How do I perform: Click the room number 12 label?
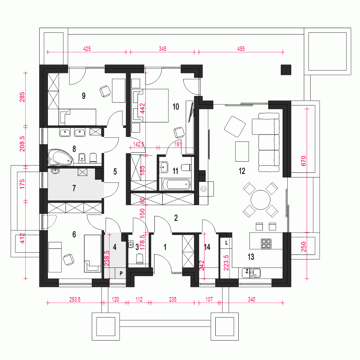click(242, 171)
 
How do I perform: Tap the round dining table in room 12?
click(260, 200)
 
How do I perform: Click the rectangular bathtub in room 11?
click(176, 184)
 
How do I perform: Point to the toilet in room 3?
click(140, 258)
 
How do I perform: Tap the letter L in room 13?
click(226, 243)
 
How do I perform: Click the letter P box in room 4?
click(121, 273)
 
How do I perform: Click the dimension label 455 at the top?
click(241, 49)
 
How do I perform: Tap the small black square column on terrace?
click(286, 69)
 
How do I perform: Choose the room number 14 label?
click(207, 247)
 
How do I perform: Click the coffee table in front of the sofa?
click(242, 152)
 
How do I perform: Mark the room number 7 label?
click(74, 188)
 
